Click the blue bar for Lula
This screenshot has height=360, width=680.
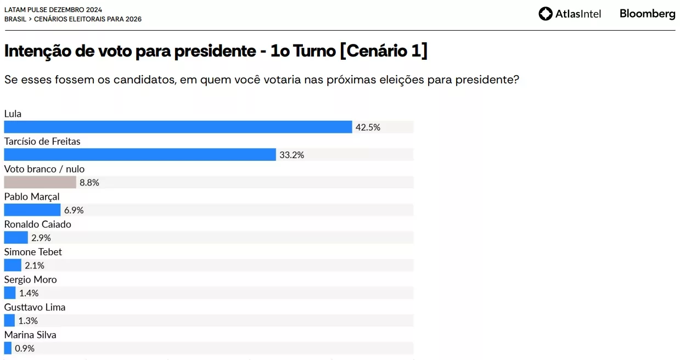tap(178, 127)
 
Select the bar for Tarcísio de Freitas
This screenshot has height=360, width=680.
tap(140, 155)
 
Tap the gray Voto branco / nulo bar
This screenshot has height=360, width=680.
tap(40, 182)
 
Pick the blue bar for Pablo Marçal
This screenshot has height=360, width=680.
tap(32, 210)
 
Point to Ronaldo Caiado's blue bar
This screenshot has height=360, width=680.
tap(16, 238)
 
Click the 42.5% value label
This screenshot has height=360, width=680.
tap(368, 127)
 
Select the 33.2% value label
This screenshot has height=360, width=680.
tap(292, 155)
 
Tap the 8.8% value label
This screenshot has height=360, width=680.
tap(89, 182)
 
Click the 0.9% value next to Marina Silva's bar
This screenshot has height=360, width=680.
tap(25, 348)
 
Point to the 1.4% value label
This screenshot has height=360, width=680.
tap(29, 293)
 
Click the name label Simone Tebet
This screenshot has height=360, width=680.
tap(33, 252)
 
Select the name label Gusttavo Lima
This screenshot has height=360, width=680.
tap(35, 307)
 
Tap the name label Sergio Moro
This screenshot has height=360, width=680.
tap(30, 279)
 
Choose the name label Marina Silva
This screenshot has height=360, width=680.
tap(30, 335)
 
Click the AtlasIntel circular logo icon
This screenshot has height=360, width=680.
tap(546, 14)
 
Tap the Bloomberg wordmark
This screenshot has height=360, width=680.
tap(648, 14)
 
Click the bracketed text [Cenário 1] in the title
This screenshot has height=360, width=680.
tap(384, 50)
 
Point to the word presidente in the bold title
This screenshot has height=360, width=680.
tap(215, 51)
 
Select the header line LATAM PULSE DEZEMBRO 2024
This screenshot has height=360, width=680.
tap(53, 10)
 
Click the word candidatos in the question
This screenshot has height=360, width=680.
tap(145, 80)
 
